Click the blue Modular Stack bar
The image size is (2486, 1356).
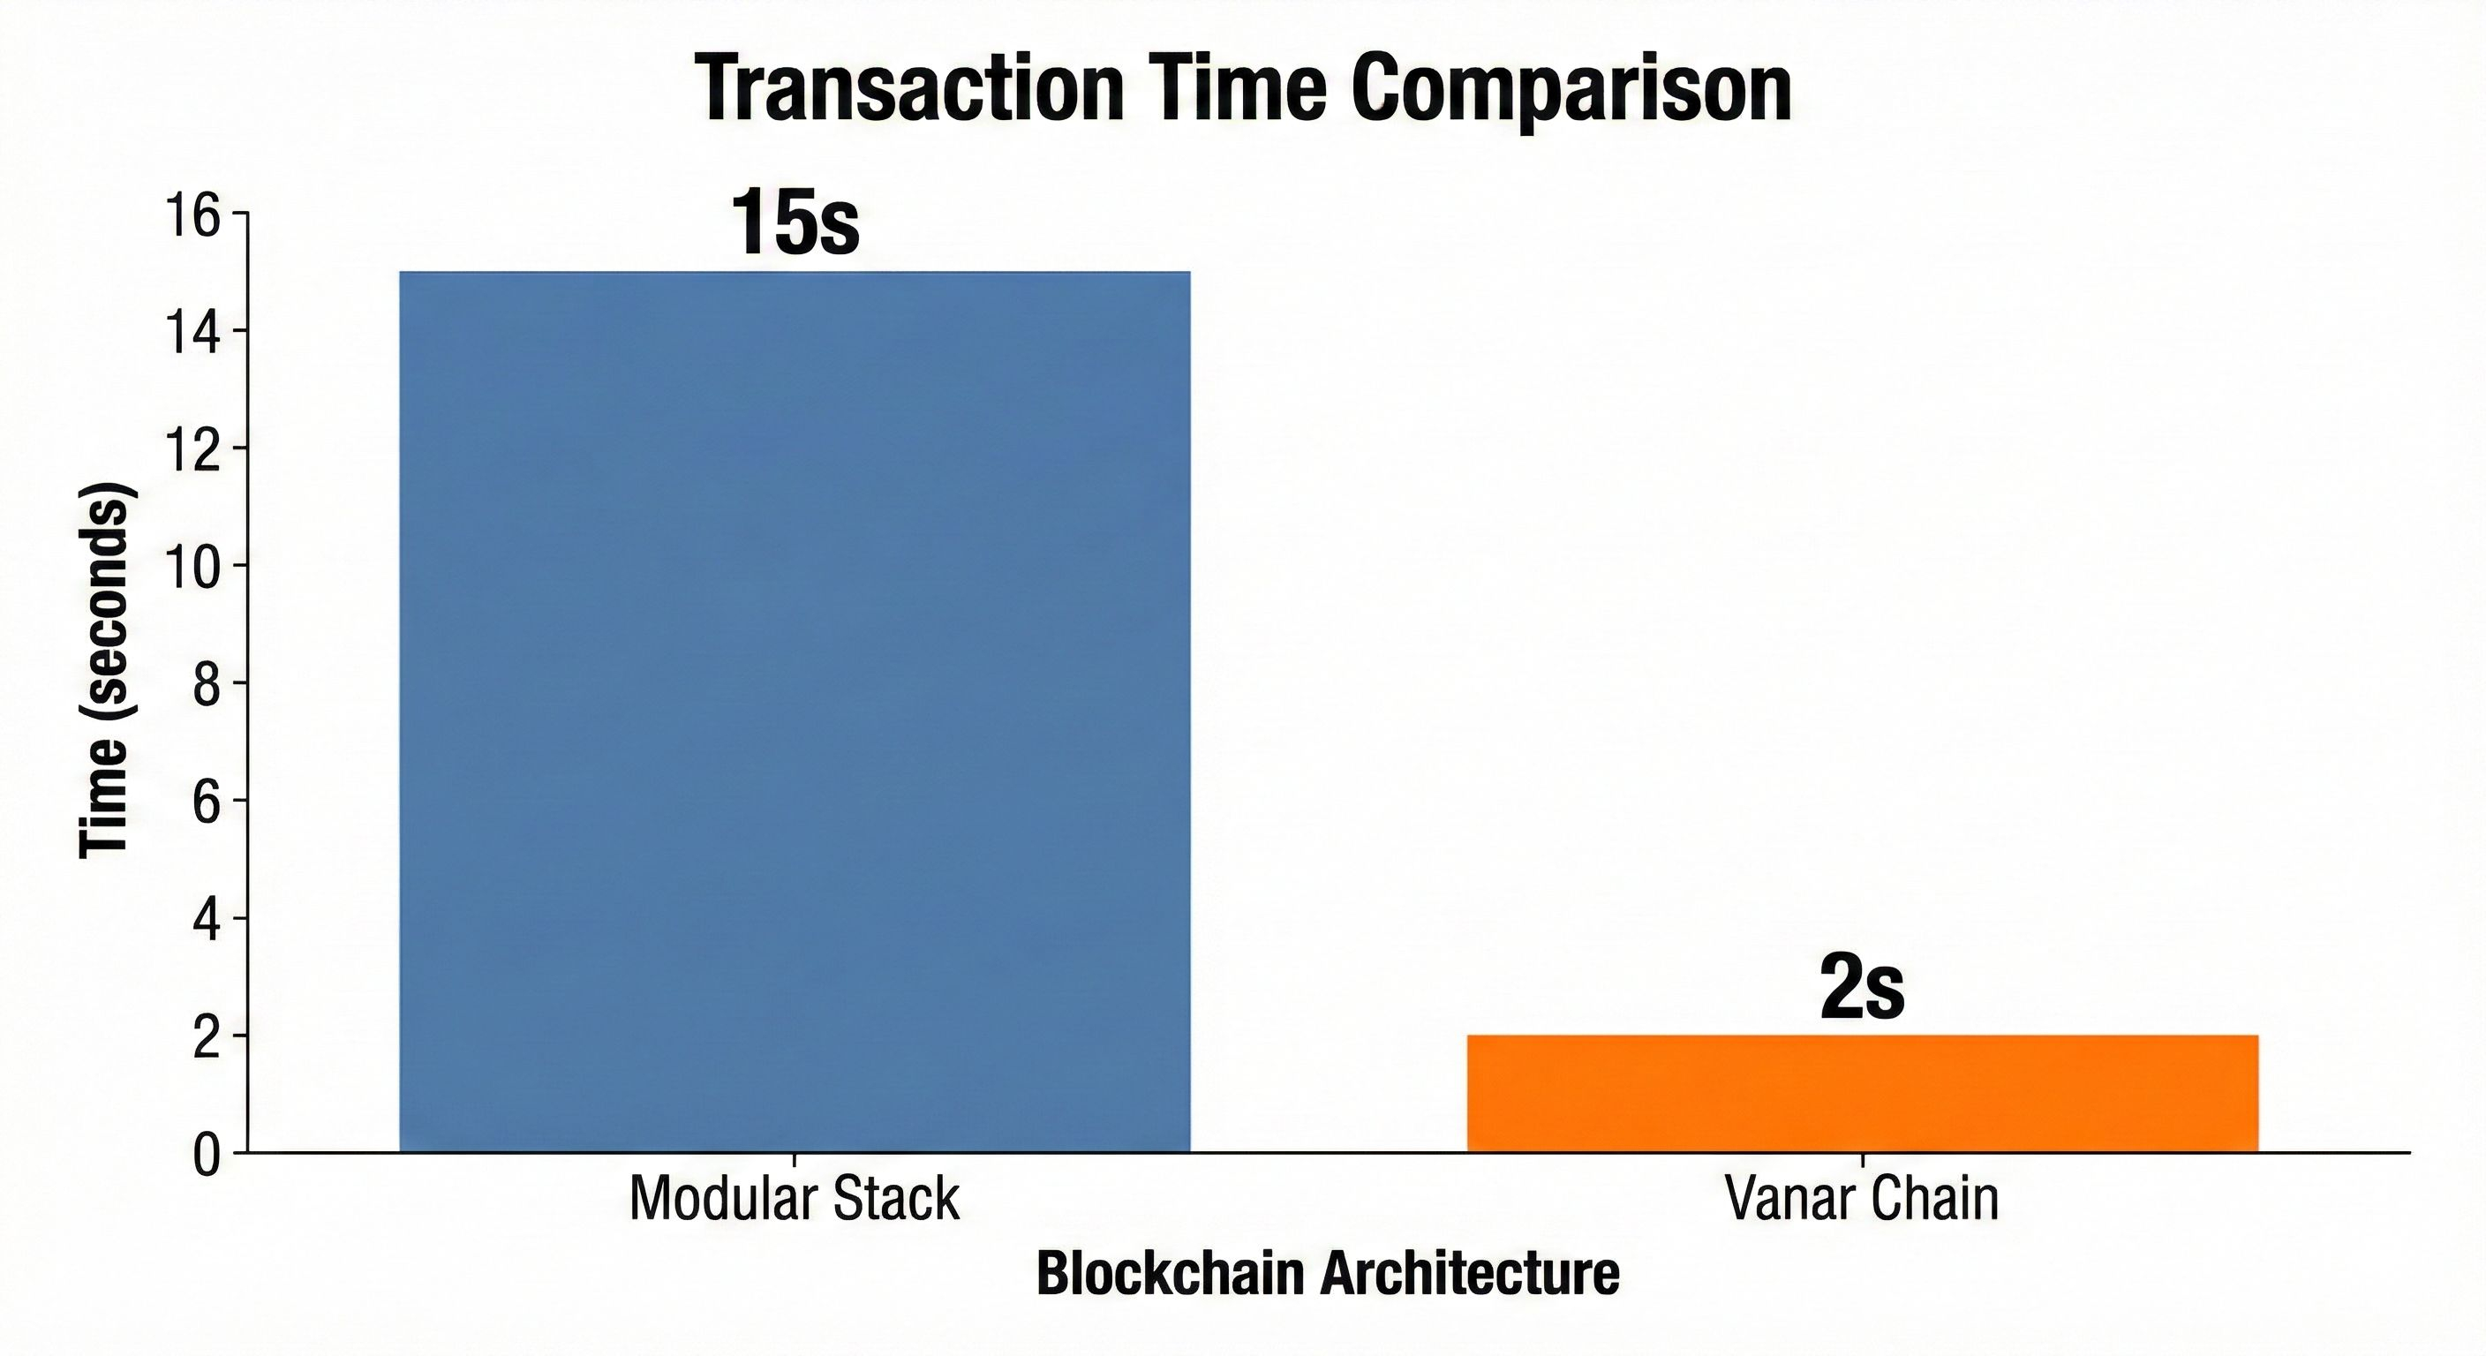[795, 712]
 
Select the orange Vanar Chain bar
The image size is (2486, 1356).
[1863, 1093]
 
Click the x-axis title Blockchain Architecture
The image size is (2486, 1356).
[1328, 1274]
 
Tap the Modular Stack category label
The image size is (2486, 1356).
[795, 1200]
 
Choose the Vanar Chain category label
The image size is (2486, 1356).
[1862, 1200]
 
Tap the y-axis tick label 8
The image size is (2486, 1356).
[207, 684]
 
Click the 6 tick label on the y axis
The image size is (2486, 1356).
[207, 802]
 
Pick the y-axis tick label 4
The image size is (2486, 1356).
[207, 919]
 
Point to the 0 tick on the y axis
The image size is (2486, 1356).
[207, 1155]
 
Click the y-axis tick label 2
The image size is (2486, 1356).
[207, 1036]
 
